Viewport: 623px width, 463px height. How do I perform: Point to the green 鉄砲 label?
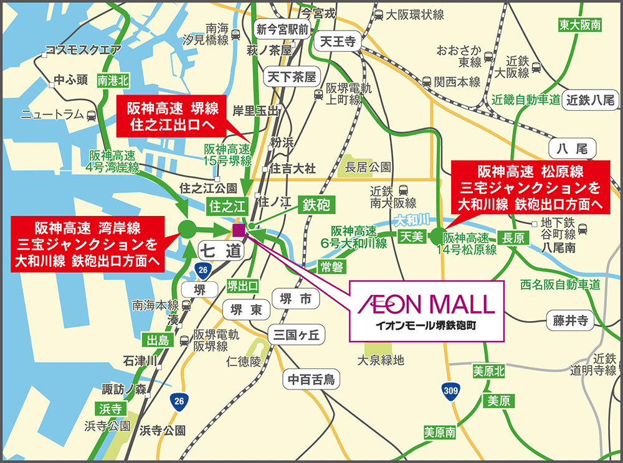(316, 203)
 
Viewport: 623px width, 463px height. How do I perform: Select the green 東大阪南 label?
(579, 26)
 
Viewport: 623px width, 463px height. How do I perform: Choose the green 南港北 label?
(113, 80)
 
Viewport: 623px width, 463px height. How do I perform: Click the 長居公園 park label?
(368, 166)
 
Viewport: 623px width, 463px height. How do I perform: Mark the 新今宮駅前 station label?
(283, 28)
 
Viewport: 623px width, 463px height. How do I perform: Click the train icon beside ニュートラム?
(92, 115)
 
